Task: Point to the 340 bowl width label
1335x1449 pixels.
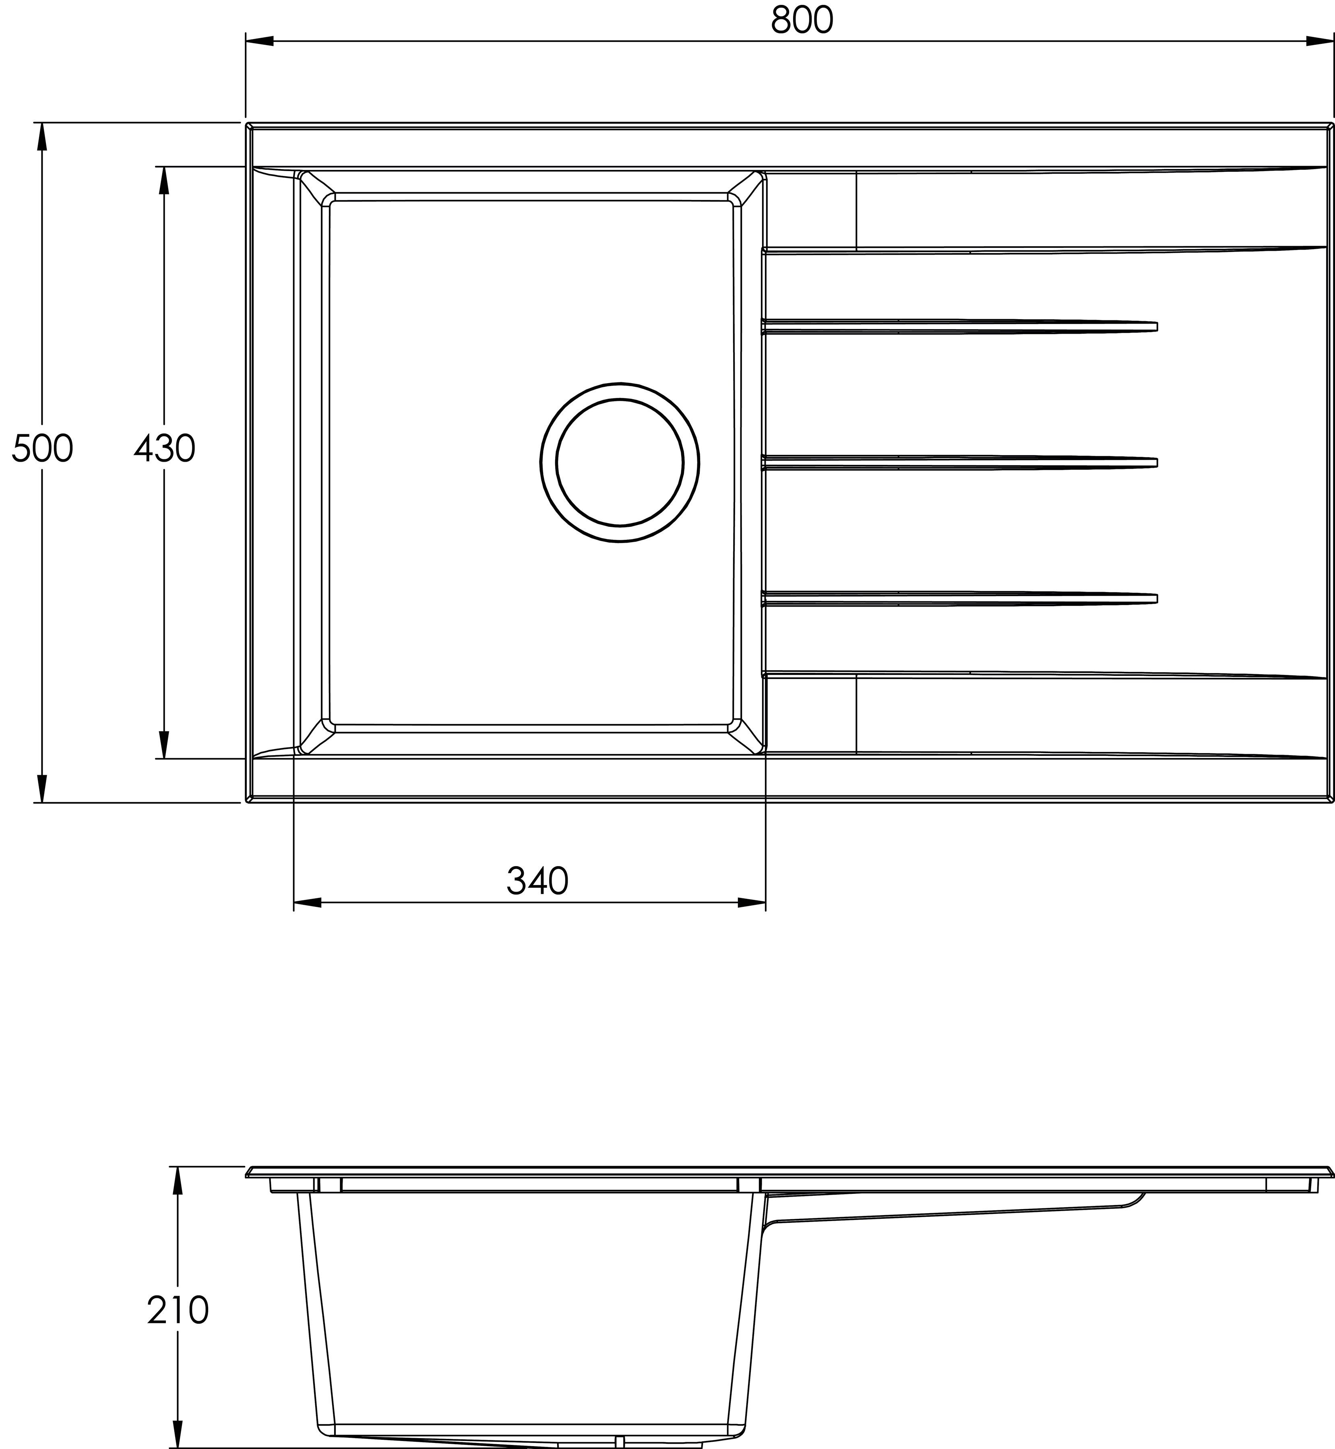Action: tap(537, 881)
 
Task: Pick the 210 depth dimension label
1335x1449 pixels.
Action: tap(178, 1310)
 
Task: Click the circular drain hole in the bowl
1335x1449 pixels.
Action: tap(620, 462)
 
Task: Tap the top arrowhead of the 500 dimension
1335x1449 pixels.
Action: tap(42, 137)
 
